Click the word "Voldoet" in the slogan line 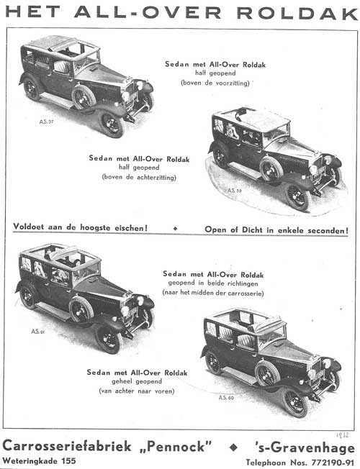(35, 229)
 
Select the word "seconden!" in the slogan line (325, 230)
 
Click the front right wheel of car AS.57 (112, 123)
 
